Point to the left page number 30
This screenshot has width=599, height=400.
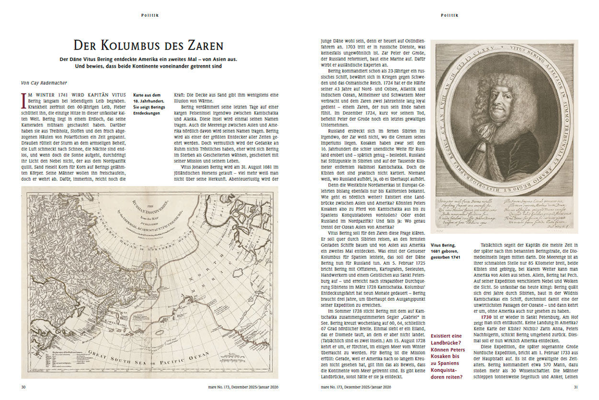click(23, 387)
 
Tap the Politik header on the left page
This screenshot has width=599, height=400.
click(150, 15)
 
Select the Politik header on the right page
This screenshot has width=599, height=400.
click(449, 15)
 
